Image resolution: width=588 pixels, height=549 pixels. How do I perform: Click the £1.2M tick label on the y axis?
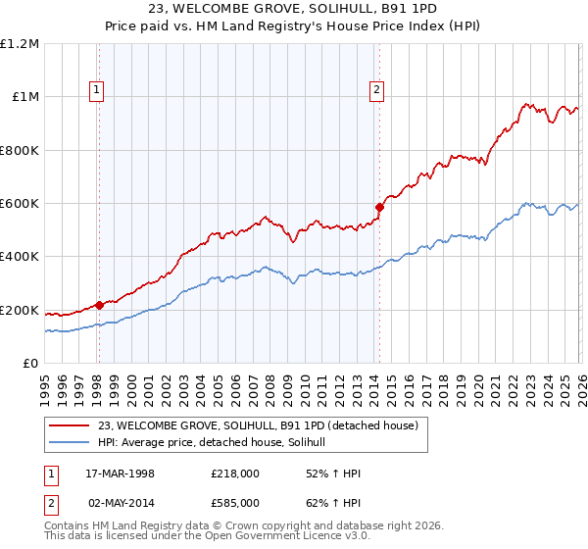20,43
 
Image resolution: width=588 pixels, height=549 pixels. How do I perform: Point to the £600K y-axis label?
20,204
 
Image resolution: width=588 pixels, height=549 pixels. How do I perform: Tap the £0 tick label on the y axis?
29,364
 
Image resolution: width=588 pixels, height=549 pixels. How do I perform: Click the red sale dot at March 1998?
99,305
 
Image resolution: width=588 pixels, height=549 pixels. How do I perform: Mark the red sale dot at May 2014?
378,207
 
